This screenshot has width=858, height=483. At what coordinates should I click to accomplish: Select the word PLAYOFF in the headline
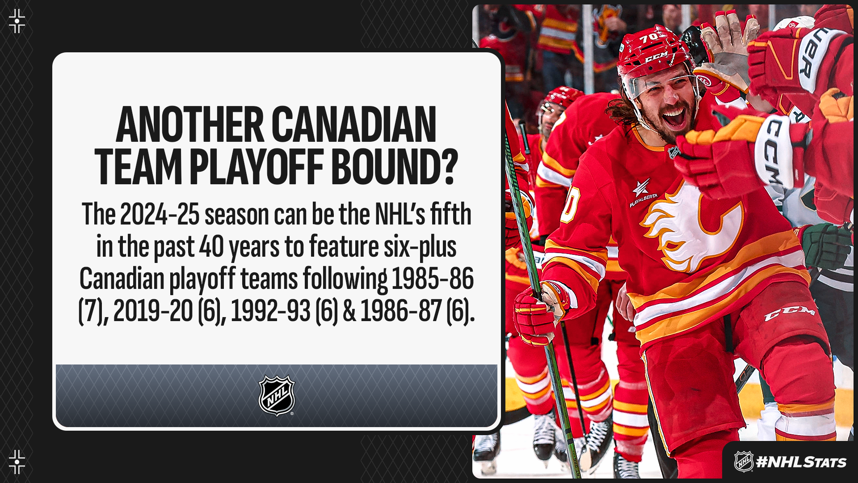coord(256,166)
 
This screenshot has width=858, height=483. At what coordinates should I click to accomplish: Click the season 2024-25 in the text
coord(160,214)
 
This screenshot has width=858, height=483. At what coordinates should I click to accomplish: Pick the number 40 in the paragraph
coord(211,246)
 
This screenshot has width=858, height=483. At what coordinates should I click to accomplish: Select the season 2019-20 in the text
coord(153,311)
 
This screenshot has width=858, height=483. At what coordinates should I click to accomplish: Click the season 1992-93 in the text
coord(270,311)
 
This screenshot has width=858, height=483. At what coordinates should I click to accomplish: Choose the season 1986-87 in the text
coord(401,311)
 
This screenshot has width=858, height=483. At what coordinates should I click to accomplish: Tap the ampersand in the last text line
coord(349,311)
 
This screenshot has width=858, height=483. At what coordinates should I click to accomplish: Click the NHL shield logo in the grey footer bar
coord(277,395)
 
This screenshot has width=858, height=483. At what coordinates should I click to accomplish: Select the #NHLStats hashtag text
coord(801,462)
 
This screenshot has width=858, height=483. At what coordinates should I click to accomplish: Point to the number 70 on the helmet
coord(649,38)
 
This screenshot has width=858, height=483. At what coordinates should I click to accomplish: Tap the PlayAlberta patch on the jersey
coord(643,193)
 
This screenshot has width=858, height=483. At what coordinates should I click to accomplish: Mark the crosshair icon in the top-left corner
coord(17,21)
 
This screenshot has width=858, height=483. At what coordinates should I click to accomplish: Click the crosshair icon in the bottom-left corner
coord(17,462)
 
